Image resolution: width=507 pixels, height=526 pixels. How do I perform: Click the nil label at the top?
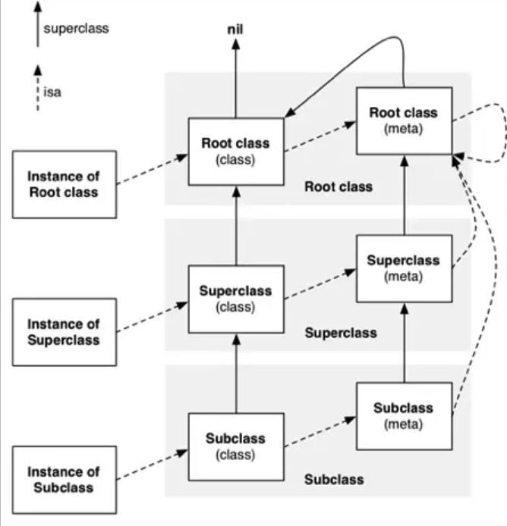coord(235,30)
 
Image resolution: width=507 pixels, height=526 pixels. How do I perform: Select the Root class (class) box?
coord(236,152)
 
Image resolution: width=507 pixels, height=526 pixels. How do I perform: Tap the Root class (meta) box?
coord(405,121)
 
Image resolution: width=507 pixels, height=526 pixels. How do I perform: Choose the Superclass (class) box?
coord(236,299)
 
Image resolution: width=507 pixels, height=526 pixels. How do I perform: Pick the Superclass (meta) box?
coord(405,268)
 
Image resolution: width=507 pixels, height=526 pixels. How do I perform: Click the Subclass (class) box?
coord(236,447)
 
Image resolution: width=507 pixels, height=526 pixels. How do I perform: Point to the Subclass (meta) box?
coord(405,416)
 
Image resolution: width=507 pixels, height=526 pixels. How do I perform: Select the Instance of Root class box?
coord(65,184)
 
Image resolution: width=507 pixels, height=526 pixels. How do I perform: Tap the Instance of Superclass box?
coord(65,332)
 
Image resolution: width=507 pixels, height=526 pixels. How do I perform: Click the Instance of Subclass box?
coord(65,480)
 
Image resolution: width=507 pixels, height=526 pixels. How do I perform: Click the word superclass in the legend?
coord(76,29)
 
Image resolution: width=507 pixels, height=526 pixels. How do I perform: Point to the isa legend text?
coord(52,92)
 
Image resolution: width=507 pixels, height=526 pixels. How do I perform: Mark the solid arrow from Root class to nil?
coord(236,79)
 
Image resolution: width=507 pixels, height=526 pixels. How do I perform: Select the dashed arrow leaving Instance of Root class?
coord(153,169)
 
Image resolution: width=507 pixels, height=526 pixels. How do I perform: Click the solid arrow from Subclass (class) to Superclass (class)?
coord(236,374)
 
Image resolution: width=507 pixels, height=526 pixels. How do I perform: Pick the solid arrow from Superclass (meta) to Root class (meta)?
coord(405,195)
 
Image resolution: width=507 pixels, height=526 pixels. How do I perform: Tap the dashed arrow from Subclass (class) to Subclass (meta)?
coord(320,431)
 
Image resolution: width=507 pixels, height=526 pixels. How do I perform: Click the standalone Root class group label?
coord(339,186)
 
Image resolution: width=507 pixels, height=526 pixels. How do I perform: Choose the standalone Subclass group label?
coord(334,479)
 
